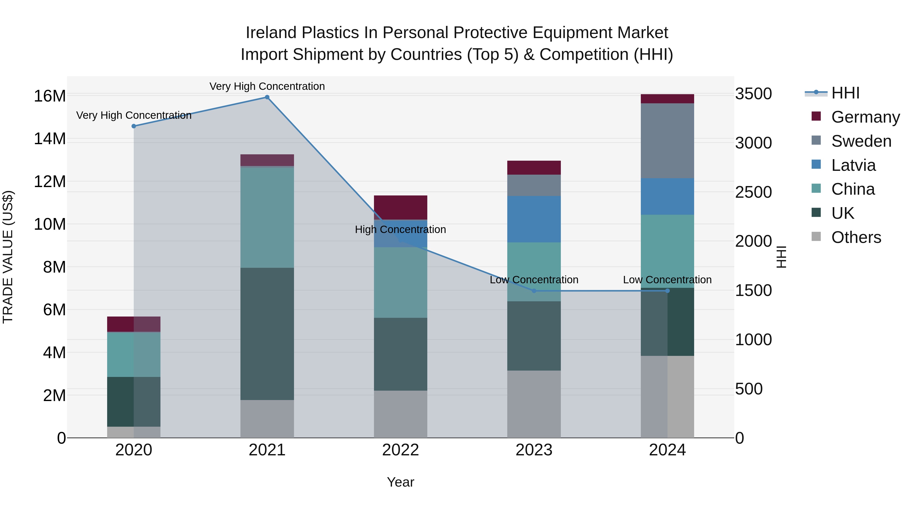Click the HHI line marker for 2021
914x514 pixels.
pos(267,97)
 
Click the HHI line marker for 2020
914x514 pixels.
pos(134,126)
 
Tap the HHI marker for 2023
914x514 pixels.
pos(534,291)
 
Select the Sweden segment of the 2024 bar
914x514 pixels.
pos(667,141)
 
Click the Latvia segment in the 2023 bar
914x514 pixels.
pos(534,219)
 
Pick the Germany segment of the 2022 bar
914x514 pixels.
pos(401,208)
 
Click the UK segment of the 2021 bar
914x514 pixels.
pos(267,334)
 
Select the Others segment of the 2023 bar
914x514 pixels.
pos(534,404)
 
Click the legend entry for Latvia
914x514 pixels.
pos(853,165)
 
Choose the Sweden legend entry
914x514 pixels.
pos(861,141)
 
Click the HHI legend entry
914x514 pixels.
pos(845,93)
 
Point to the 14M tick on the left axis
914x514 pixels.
pos(50,139)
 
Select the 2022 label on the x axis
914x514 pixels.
pos(401,450)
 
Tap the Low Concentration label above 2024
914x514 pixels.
pos(667,280)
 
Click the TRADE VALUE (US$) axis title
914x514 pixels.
pos(8,257)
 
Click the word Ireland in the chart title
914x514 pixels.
pos(271,33)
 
